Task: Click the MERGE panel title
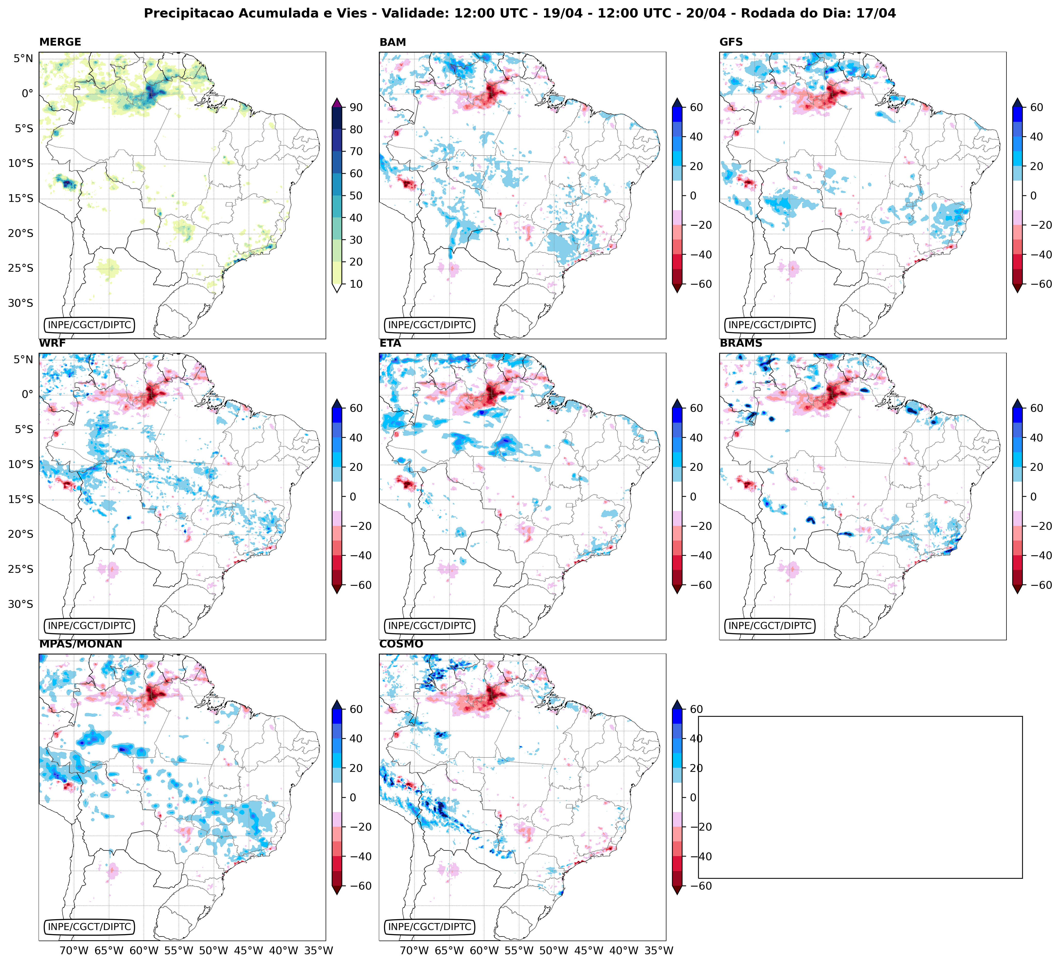60,42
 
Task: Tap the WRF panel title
52,343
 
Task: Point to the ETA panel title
390,343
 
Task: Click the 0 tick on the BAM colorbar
692,195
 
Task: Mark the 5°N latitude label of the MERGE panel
23,58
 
